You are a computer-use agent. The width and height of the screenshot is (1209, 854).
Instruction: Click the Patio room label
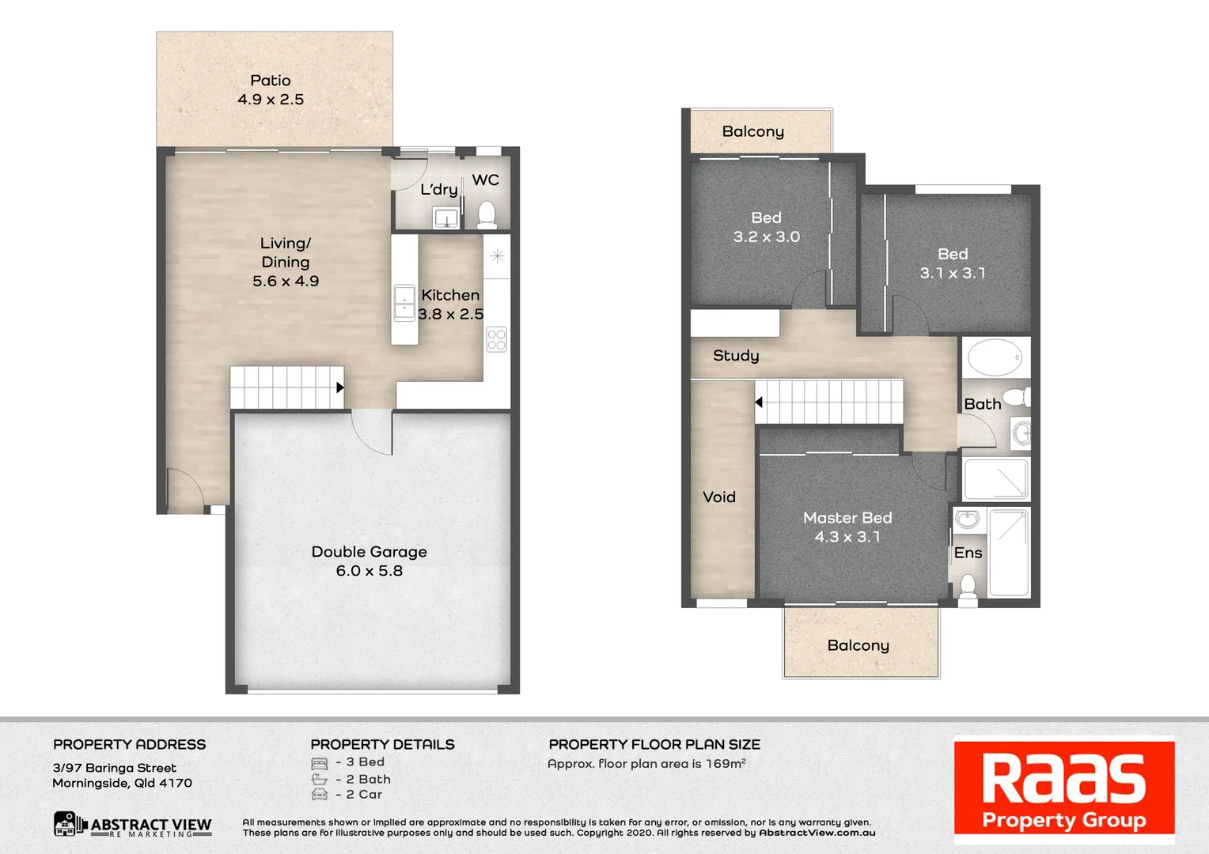point(271,81)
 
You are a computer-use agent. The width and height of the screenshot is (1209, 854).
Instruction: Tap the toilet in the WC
point(487,214)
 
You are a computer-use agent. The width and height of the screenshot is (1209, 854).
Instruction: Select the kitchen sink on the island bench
point(404,303)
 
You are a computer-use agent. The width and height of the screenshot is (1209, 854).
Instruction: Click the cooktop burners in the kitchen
point(497,339)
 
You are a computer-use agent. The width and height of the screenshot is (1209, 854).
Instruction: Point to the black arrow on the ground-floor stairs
point(339,387)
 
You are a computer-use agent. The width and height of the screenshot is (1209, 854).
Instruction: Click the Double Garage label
point(369,552)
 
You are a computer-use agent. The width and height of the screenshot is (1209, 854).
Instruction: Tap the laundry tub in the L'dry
point(446,217)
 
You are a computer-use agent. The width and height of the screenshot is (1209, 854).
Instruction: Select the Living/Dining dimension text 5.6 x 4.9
point(286,282)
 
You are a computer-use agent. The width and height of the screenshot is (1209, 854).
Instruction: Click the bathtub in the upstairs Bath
point(995,357)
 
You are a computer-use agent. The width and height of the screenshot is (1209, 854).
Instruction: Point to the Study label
point(736,356)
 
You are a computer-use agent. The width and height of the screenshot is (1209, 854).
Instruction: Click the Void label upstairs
point(719,497)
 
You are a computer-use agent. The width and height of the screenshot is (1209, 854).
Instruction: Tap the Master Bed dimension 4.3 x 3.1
point(847,537)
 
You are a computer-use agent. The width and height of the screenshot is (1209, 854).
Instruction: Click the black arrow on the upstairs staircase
point(759,402)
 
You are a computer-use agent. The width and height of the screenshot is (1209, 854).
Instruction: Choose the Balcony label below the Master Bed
point(858,645)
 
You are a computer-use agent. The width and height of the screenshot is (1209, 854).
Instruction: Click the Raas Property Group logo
point(1064,790)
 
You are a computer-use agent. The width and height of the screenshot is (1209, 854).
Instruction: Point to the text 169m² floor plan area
point(726,764)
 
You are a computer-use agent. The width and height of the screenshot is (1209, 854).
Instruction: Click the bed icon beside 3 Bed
point(320,763)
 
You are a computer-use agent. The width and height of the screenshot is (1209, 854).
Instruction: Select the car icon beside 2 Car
point(320,795)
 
